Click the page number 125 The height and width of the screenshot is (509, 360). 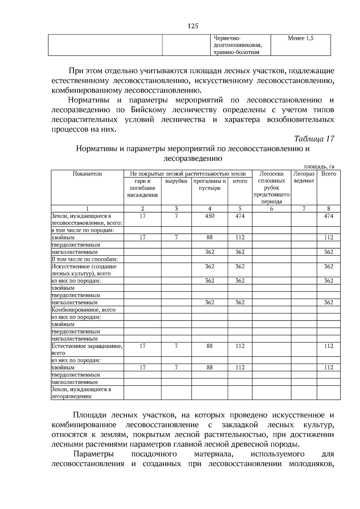pyautogui.click(x=193, y=26)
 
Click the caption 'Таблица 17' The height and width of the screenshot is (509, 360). pyautogui.click(x=314, y=139)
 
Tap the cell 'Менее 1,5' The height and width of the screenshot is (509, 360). pyautogui.click(x=301, y=38)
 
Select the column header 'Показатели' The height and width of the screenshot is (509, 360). pyautogui.click(x=87, y=174)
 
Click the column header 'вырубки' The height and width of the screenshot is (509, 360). pyautogui.click(x=176, y=181)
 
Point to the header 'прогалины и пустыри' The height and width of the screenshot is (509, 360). pyautogui.click(x=209, y=185)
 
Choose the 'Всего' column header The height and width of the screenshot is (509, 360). pyautogui.click(x=328, y=174)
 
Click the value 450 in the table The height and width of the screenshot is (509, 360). pyautogui.click(x=209, y=216)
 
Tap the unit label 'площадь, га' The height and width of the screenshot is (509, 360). pyautogui.click(x=319, y=167)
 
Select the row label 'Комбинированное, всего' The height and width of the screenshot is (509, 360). pyautogui.click(x=83, y=310)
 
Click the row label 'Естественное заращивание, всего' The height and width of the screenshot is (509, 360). pyautogui.click(x=87, y=349)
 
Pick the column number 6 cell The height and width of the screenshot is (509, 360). pyautogui.click(x=271, y=209)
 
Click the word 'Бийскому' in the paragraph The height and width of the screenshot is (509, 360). pyautogui.click(x=148, y=110)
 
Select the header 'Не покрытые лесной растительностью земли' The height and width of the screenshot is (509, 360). pyautogui.click(x=188, y=174)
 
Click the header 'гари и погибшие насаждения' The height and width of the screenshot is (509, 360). pyautogui.click(x=142, y=188)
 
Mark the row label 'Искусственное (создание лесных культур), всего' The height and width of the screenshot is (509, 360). pyautogui.click(x=84, y=270)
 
